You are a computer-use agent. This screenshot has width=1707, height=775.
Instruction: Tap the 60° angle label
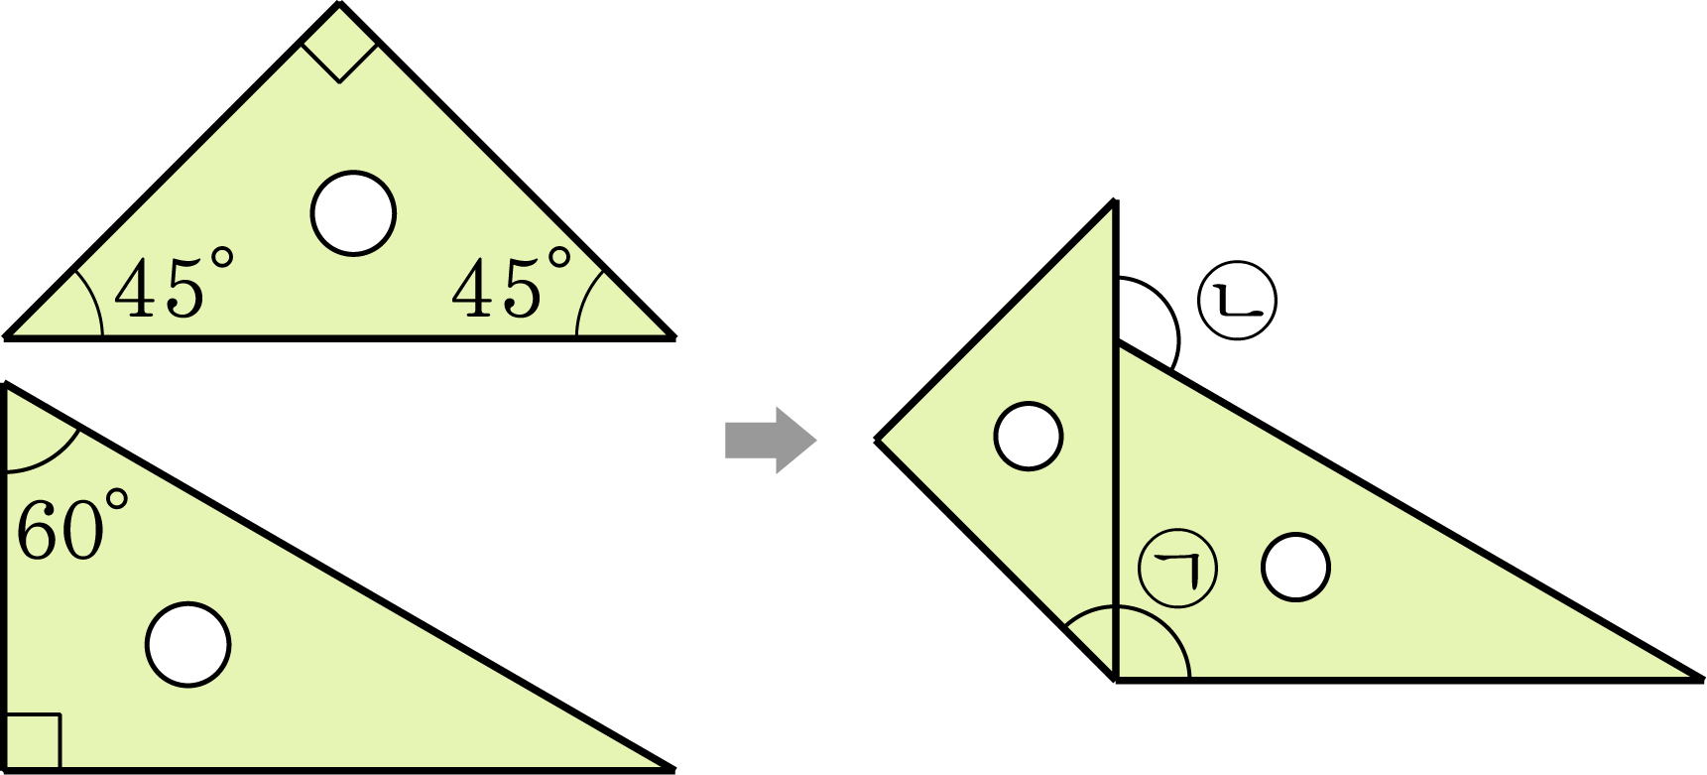click(x=72, y=525)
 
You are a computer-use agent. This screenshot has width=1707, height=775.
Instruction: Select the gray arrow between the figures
click(x=771, y=441)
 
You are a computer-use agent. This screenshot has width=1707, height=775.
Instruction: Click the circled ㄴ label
click(x=1237, y=301)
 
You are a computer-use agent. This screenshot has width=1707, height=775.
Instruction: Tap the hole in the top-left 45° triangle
click(x=353, y=213)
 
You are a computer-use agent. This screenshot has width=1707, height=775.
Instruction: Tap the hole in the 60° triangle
click(x=188, y=644)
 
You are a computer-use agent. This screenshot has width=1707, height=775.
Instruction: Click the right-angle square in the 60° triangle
click(x=33, y=740)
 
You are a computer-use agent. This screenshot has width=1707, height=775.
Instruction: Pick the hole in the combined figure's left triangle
click(x=1029, y=436)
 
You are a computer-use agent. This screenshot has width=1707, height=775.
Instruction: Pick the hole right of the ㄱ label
click(x=1295, y=567)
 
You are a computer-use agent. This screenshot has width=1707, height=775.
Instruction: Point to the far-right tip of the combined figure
click(x=1702, y=680)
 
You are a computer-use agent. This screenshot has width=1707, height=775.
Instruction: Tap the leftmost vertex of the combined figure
click(x=877, y=439)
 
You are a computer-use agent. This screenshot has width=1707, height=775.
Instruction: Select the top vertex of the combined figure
click(x=1116, y=202)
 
